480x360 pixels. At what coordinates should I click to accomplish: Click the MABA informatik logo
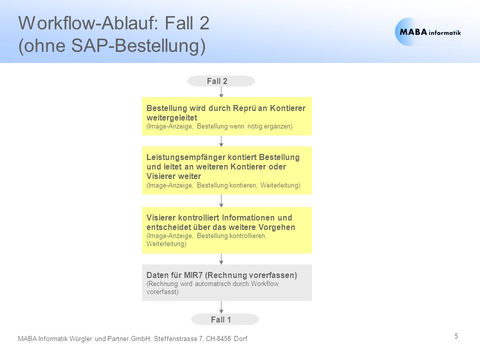(x=428, y=32)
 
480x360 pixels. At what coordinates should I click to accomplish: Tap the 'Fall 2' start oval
(x=220, y=81)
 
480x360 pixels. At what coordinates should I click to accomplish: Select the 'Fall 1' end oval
(x=224, y=319)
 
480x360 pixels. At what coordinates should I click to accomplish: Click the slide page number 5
(x=456, y=336)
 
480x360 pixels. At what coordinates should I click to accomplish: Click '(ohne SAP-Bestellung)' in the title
(x=112, y=46)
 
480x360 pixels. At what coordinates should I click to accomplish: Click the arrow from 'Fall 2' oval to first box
(x=221, y=92)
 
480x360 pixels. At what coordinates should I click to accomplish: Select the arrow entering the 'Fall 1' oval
(x=221, y=307)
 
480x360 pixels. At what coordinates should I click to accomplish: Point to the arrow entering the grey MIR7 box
(x=221, y=259)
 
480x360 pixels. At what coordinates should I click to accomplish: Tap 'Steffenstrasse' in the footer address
(x=175, y=338)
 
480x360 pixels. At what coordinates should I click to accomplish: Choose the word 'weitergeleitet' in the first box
(x=171, y=118)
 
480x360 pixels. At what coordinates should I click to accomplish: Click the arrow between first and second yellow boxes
(x=221, y=141)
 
